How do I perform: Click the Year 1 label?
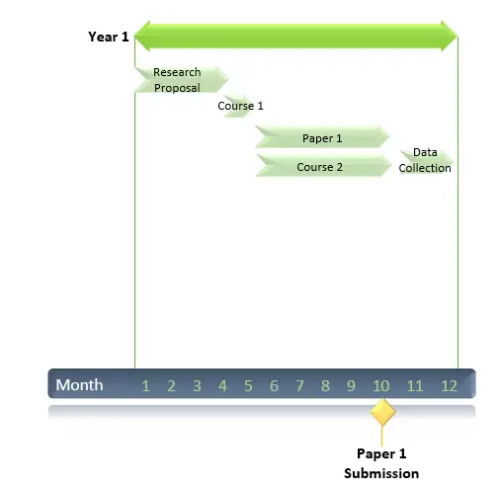(x=109, y=37)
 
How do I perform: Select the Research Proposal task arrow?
(x=182, y=79)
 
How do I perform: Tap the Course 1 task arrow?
(x=239, y=106)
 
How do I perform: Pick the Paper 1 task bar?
(x=322, y=136)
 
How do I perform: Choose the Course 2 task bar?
(x=323, y=165)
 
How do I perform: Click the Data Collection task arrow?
(x=426, y=162)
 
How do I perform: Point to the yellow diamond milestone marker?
(x=382, y=412)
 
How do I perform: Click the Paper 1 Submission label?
(x=381, y=463)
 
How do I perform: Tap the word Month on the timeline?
(x=79, y=384)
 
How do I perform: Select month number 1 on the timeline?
(x=145, y=385)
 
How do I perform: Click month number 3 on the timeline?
(x=197, y=385)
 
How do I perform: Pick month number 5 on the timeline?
(x=248, y=385)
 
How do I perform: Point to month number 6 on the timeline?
(x=274, y=385)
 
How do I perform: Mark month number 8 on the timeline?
(x=325, y=385)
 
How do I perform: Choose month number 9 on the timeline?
(x=351, y=385)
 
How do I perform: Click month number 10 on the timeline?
(x=381, y=385)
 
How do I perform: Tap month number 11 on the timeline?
(x=415, y=385)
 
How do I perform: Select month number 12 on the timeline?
(x=449, y=385)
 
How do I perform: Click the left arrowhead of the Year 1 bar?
(x=141, y=37)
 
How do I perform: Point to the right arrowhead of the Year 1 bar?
(x=450, y=37)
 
